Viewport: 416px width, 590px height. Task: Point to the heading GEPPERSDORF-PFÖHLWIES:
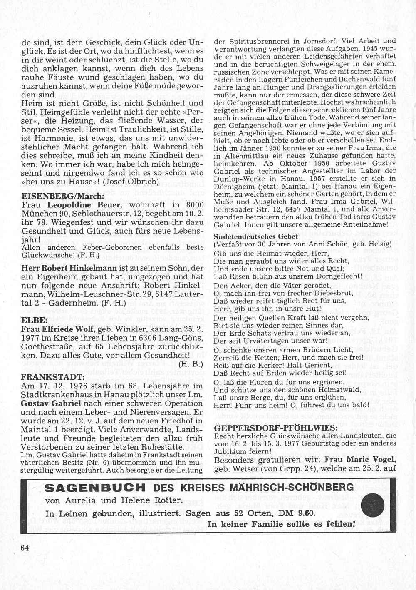click(x=275, y=428)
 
